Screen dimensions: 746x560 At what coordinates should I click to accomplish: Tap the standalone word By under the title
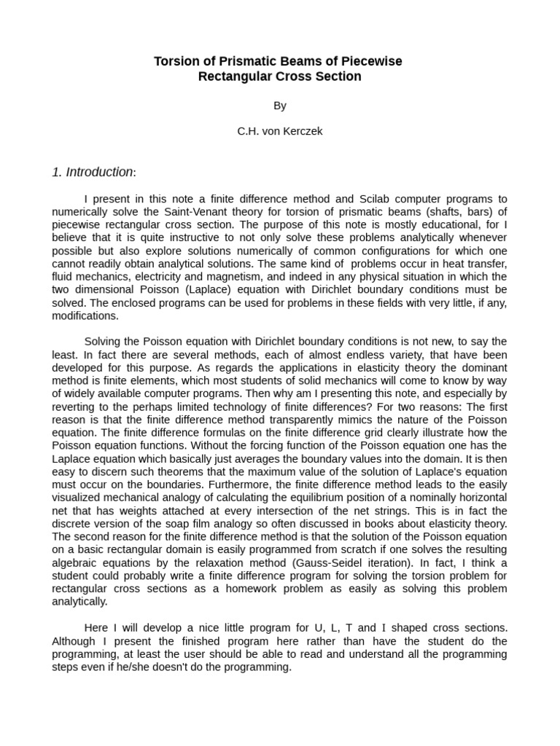(280, 106)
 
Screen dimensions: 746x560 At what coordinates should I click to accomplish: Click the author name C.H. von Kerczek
(280, 132)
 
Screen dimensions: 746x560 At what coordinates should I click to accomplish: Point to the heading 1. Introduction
(93, 173)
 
